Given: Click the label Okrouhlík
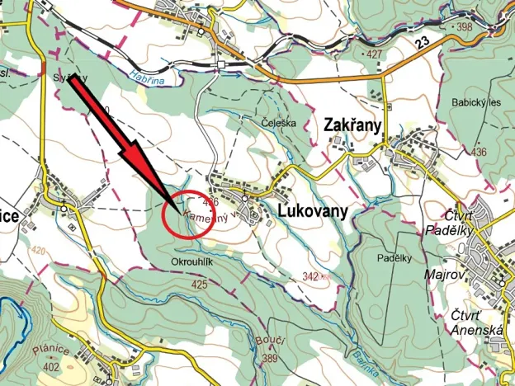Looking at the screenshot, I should [191, 263].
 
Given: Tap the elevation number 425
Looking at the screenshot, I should [199, 284].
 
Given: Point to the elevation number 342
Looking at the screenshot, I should [311, 276].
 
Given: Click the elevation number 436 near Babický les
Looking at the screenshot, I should [478, 152].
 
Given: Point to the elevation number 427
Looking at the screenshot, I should [376, 54].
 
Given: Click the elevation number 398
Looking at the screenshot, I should [464, 27].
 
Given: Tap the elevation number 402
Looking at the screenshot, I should [52, 365].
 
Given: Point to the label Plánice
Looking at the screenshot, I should [47, 350].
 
